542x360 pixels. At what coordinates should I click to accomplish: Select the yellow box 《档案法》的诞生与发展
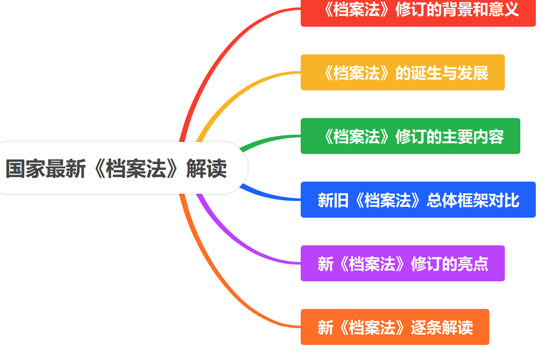[x=402, y=72]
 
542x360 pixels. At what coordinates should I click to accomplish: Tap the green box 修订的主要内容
[x=410, y=136]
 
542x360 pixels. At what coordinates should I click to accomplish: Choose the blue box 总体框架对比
[x=418, y=200]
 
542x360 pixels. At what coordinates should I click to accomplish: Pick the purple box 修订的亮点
[x=402, y=264]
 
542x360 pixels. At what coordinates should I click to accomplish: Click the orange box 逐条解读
[x=395, y=327]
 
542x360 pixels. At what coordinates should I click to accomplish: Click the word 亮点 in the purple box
[x=472, y=264]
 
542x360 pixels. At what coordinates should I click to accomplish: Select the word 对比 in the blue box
[x=504, y=200]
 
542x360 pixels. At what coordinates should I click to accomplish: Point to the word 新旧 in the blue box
[x=333, y=200]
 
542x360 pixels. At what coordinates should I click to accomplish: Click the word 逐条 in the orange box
[x=426, y=327]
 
